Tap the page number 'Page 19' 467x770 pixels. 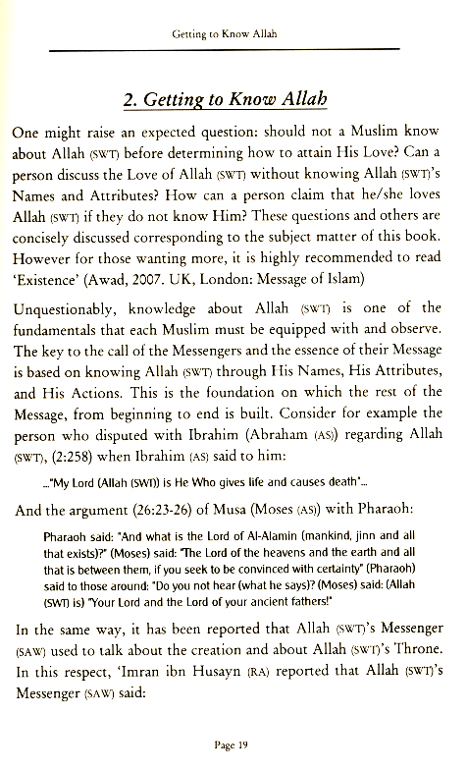[x=233, y=746]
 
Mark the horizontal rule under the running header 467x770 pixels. [x=233, y=48]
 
